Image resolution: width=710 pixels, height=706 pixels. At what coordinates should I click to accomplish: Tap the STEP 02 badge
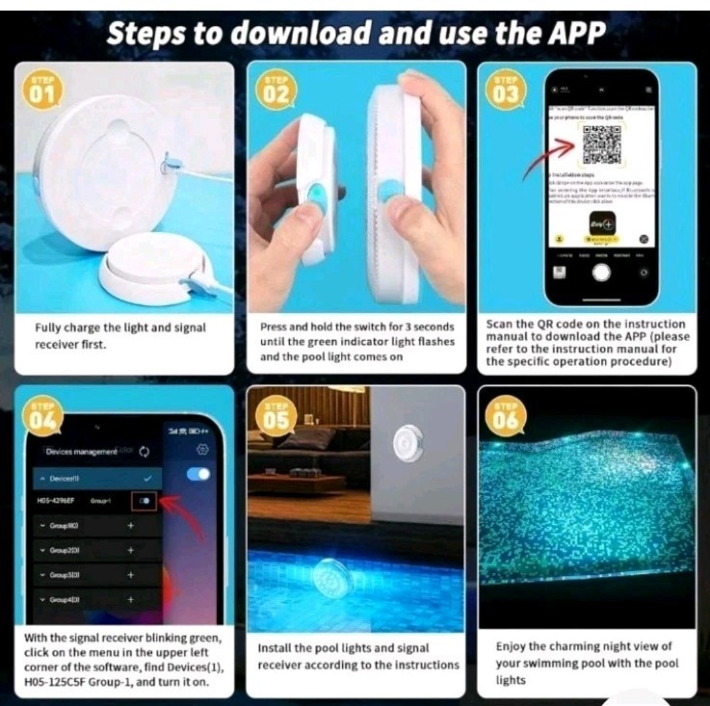[x=276, y=92]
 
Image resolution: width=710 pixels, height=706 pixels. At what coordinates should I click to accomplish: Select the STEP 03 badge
[x=506, y=92]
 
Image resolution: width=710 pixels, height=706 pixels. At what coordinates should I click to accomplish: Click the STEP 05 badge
[x=276, y=416]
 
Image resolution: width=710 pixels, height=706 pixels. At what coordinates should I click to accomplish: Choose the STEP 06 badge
[x=506, y=416]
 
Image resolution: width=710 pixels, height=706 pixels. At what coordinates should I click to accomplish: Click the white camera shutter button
[x=602, y=271]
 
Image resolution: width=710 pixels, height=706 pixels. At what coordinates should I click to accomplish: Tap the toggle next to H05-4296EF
[x=145, y=501]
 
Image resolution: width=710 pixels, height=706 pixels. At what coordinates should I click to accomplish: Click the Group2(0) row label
[x=66, y=550]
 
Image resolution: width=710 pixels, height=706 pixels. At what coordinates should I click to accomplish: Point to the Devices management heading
[x=82, y=451]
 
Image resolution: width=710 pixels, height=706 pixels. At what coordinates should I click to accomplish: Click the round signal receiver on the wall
[x=405, y=443]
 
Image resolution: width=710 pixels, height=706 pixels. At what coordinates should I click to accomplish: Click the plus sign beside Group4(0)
[x=131, y=599]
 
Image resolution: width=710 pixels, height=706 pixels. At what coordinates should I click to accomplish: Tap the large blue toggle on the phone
[x=198, y=474]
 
